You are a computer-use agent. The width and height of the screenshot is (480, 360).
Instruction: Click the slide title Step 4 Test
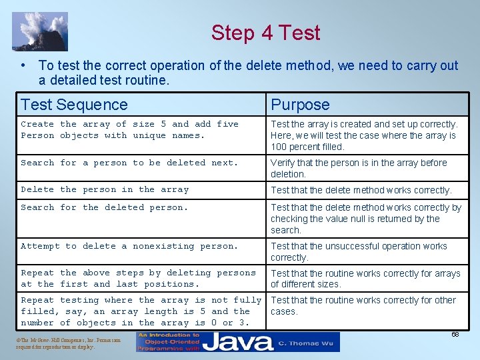[x=265, y=33]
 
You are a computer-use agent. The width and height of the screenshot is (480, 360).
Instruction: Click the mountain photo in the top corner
[x=39, y=31]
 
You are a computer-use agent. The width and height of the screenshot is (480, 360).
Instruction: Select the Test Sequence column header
[x=74, y=105]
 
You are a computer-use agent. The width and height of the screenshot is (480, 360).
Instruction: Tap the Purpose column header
[x=299, y=105]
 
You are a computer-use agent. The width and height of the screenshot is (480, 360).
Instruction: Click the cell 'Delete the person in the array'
[x=105, y=189]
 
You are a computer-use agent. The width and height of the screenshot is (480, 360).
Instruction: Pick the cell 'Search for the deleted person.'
[x=105, y=207]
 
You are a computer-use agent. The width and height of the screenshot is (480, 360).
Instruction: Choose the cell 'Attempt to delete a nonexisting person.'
[x=129, y=246]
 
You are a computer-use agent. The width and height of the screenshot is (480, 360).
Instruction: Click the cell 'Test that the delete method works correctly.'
[x=361, y=190]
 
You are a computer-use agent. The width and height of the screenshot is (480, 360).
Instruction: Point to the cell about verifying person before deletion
[x=359, y=168]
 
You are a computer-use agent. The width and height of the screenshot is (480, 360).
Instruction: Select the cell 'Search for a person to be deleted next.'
[x=129, y=163]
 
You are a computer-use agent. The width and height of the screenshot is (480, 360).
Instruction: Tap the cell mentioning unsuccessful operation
[x=359, y=251]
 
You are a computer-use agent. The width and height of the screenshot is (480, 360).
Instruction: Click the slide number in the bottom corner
[x=455, y=334]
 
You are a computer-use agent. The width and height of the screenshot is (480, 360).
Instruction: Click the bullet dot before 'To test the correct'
[x=23, y=65]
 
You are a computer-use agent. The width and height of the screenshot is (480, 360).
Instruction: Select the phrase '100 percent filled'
[x=307, y=147]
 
